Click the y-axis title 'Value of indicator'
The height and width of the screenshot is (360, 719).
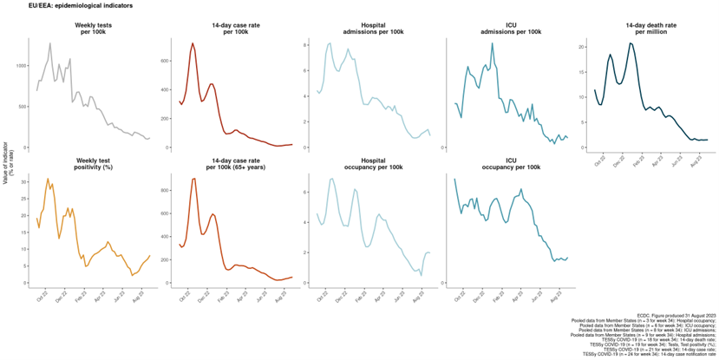[x=7, y=161]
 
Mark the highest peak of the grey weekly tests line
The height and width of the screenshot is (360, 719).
[x=50, y=43]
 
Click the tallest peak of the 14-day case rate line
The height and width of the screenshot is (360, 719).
[x=193, y=43]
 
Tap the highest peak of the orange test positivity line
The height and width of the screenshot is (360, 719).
[x=48, y=179]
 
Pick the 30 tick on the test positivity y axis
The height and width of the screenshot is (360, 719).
[x=24, y=180]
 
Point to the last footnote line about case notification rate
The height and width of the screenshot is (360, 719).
[x=650, y=354]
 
